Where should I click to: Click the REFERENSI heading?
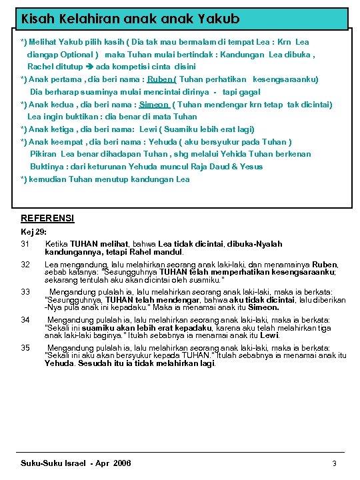(x=47, y=218)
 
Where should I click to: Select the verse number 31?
(x=26, y=245)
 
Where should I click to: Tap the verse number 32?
(x=26, y=265)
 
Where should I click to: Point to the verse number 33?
(x=26, y=292)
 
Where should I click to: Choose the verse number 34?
(x=26, y=320)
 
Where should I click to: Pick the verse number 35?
(x=26, y=348)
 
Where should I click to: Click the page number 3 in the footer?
(x=334, y=463)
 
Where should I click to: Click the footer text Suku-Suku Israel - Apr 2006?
(x=76, y=463)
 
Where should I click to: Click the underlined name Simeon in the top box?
(x=154, y=105)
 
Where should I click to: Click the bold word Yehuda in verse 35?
(x=59, y=364)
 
